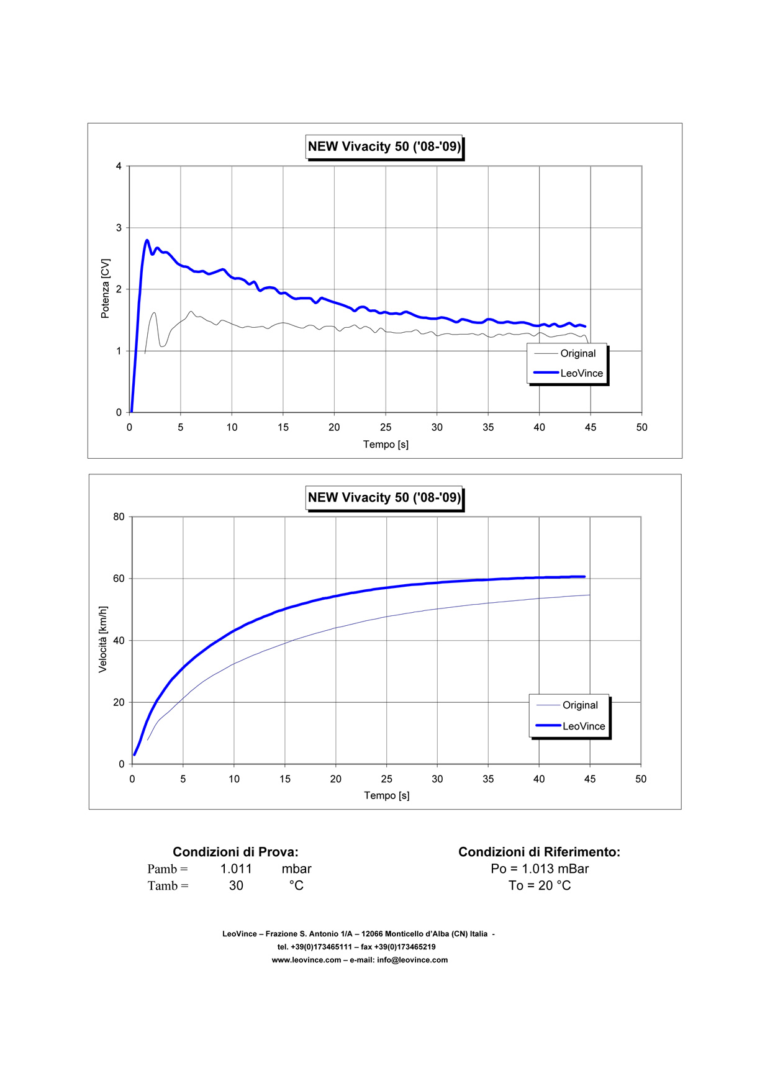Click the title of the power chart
click(384, 147)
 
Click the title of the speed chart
click(384, 497)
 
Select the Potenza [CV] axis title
click(105, 289)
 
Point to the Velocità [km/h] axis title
click(103, 639)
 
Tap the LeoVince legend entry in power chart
click(581, 373)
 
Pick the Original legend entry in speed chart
click(580, 705)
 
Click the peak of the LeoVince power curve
click(147, 240)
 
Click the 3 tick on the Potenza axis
click(119, 228)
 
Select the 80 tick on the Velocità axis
click(119, 517)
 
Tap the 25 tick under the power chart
click(386, 427)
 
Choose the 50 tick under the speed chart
click(641, 779)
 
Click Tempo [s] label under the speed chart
click(386, 795)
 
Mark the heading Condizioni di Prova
click(235, 852)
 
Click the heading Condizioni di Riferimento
click(539, 852)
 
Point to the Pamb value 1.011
click(236, 869)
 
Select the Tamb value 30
click(236, 886)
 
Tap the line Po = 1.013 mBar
click(540, 869)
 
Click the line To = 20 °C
click(540, 886)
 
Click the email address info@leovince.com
click(412, 960)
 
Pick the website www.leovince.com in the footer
click(306, 960)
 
